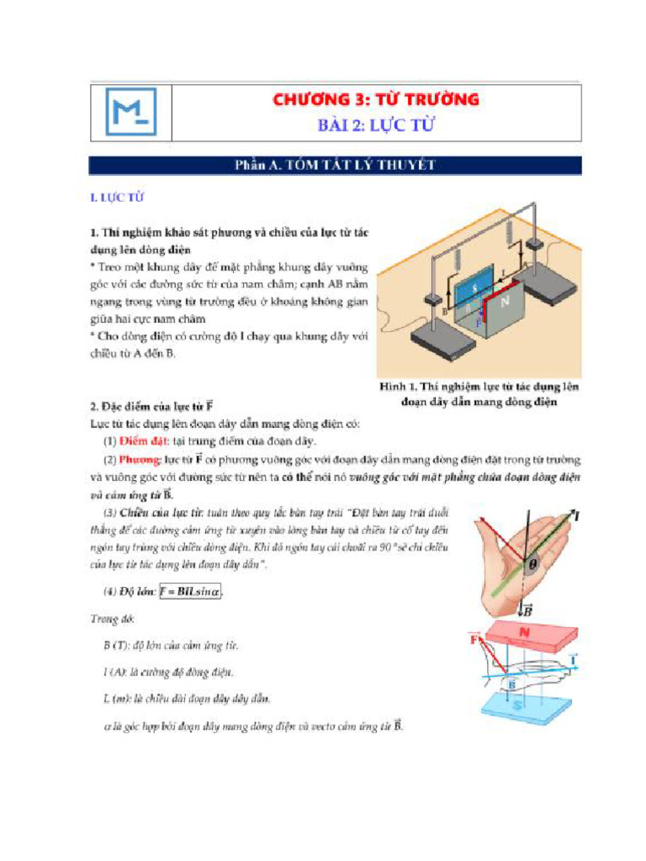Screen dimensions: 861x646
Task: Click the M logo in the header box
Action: click(x=130, y=113)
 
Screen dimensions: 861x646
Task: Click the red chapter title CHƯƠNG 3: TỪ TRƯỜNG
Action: click(x=375, y=100)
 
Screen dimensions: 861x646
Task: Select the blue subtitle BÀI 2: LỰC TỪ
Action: click(x=375, y=126)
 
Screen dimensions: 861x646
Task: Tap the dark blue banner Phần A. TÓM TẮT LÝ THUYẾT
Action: click(x=335, y=166)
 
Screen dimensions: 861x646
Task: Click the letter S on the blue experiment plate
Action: click(x=474, y=289)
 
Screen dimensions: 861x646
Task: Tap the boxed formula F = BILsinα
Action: click(x=193, y=591)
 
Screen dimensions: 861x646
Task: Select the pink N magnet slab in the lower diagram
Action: click(x=525, y=637)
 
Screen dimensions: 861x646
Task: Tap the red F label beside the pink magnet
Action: click(x=474, y=641)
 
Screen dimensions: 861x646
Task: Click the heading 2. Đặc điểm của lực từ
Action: click(x=151, y=408)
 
